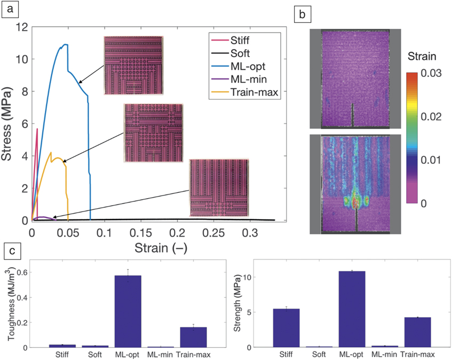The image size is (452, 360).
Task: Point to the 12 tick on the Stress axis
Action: tap(21, 27)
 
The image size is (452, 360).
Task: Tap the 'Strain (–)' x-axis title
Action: tap(158, 248)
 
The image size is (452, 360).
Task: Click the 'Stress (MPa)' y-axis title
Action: tap(8, 124)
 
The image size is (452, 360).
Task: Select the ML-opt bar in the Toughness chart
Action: tap(131, 311)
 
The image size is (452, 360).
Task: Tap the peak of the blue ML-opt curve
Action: tap(66, 44)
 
